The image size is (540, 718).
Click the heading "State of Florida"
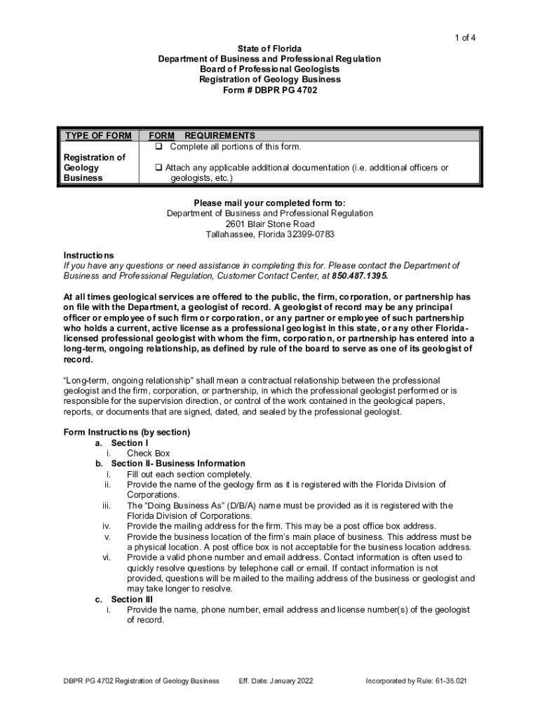click(x=269, y=48)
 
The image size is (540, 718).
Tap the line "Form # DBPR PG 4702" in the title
click(x=269, y=90)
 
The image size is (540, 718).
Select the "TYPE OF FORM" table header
click(x=98, y=136)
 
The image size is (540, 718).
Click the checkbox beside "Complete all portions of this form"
click(x=159, y=147)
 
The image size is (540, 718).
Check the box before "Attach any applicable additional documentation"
click(x=159, y=168)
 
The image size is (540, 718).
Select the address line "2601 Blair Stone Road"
click(x=269, y=224)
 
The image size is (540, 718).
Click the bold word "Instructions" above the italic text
click(x=88, y=255)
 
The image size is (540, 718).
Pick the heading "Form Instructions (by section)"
click(x=127, y=432)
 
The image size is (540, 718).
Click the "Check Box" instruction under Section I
click(x=149, y=453)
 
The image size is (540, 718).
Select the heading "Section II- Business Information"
click(x=178, y=463)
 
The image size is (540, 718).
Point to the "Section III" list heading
click(x=132, y=600)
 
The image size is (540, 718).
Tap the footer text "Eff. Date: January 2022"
click(x=276, y=681)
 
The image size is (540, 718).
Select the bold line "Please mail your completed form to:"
click(x=269, y=203)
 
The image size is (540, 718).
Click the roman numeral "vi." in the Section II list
click(x=107, y=557)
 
